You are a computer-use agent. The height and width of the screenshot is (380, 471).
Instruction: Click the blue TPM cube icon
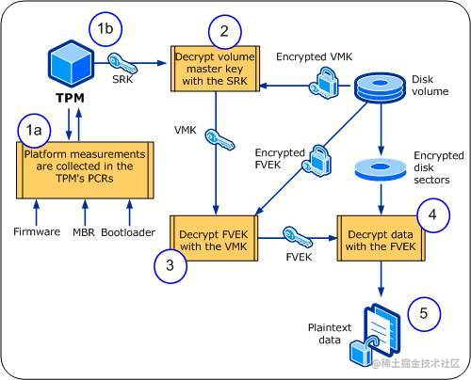(71, 63)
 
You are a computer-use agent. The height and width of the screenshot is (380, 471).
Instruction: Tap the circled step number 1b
(106, 29)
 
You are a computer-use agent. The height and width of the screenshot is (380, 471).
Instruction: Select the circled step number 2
(224, 31)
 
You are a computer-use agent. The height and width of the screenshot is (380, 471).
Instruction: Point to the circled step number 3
(171, 265)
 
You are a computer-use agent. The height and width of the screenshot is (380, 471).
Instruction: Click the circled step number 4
(432, 215)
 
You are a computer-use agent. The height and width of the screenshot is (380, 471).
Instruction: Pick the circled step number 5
(424, 313)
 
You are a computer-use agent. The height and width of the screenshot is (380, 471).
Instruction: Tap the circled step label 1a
(34, 131)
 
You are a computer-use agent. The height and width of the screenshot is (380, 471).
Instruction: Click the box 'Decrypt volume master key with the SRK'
(215, 69)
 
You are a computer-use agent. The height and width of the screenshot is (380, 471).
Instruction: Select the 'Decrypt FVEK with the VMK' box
(214, 238)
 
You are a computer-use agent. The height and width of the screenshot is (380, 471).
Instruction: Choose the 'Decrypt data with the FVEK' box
(381, 238)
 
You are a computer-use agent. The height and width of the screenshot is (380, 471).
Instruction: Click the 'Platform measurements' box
(85, 170)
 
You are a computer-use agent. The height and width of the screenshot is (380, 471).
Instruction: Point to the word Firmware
(37, 231)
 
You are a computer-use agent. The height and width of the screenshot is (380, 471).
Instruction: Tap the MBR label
(84, 232)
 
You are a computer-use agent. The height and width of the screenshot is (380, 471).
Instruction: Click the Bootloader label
(128, 232)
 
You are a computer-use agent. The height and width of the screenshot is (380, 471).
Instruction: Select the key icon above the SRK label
(122, 63)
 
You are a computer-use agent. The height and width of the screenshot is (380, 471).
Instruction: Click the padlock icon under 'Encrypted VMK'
(324, 83)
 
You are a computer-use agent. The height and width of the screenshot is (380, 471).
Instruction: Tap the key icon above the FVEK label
(298, 238)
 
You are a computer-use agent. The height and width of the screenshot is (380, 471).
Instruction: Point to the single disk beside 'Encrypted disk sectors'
(381, 169)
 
